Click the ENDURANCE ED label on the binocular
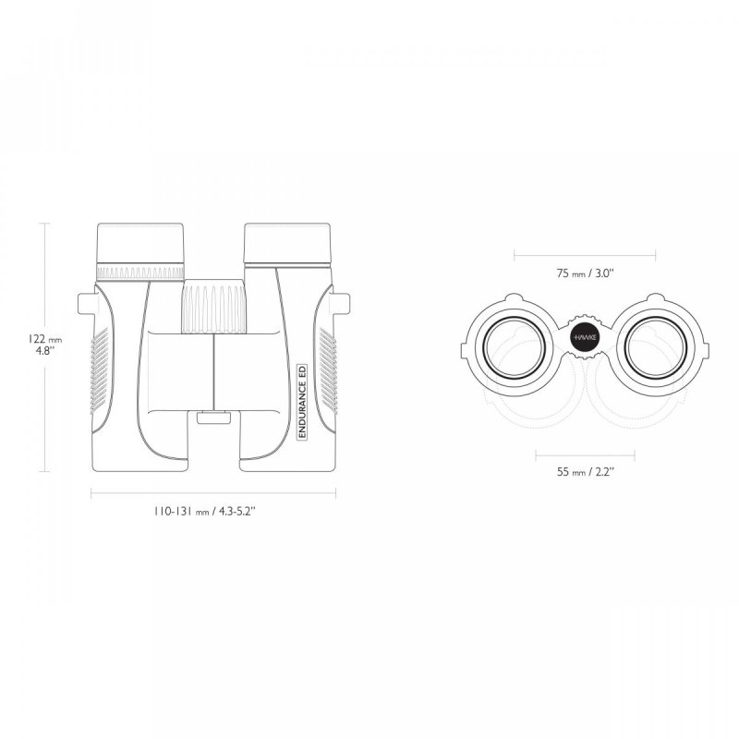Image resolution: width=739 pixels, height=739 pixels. [x=303, y=402]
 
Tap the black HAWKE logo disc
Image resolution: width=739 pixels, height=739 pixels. [x=585, y=337]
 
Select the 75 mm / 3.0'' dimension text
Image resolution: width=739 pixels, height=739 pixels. [x=585, y=273]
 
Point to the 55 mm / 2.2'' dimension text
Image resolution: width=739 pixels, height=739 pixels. [x=586, y=472]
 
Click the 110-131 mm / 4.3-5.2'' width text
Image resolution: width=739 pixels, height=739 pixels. [x=204, y=511]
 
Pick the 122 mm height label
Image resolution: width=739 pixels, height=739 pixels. [x=44, y=339]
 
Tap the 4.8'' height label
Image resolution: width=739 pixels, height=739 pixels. [x=45, y=351]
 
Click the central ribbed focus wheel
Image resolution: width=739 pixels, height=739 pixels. [x=214, y=307]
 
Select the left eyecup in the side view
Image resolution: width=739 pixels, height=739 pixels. [x=140, y=244]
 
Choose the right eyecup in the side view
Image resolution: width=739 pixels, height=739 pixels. [x=287, y=244]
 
